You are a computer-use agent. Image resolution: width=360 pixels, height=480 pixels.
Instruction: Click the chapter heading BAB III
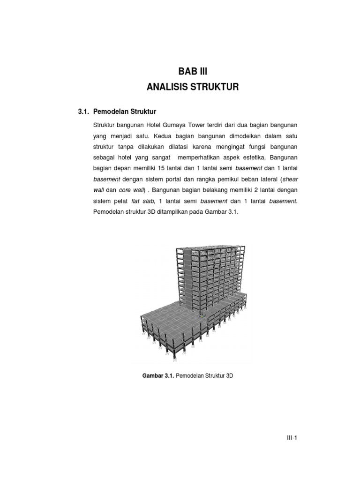tap(192, 72)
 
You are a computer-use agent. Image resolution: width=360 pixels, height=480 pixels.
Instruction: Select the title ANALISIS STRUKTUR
tap(193, 87)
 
